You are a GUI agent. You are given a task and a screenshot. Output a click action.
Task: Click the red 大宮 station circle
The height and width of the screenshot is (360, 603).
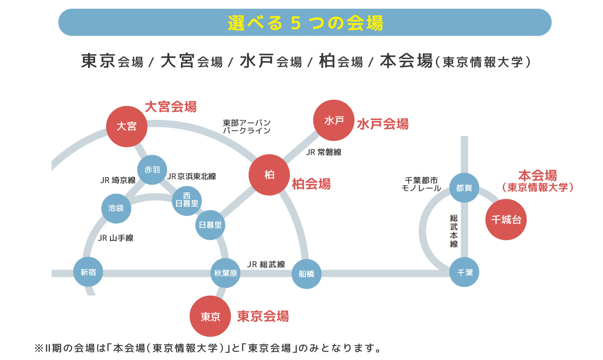click(x=127, y=127)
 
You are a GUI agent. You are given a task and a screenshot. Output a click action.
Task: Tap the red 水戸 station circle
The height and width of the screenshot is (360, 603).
click(x=334, y=120)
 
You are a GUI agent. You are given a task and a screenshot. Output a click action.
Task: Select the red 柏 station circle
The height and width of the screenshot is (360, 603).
click(x=269, y=175)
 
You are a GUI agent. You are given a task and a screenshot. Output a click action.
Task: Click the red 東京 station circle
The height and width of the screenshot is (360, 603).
click(x=210, y=316)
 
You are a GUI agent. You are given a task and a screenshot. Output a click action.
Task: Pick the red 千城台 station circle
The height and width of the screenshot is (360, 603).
click(x=506, y=219)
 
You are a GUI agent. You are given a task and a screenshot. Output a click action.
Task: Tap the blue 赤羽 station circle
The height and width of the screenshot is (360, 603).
click(x=152, y=170)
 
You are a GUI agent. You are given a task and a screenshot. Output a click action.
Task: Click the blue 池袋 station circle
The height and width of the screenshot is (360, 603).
click(x=116, y=208)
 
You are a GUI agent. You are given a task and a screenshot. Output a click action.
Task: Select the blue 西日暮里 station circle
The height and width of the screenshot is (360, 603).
click(x=187, y=200)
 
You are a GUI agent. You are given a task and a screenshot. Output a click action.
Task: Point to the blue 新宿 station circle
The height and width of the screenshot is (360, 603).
click(x=88, y=272)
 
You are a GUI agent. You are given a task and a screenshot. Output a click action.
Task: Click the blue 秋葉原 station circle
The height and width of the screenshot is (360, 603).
click(x=226, y=273)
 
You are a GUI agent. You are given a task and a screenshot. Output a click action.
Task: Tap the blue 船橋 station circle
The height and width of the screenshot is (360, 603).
click(x=306, y=274)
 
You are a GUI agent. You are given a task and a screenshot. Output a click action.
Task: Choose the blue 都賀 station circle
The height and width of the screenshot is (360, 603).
click(x=464, y=188)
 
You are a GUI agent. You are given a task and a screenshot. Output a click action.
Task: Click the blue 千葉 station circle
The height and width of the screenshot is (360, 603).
click(x=464, y=272)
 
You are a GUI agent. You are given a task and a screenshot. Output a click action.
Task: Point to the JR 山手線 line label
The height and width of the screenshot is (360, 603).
click(x=116, y=238)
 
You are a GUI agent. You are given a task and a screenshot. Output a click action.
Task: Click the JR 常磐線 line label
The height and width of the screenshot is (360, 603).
click(x=324, y=152)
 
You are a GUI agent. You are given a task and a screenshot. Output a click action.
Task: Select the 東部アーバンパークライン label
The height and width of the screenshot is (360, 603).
click(x=246, y=127)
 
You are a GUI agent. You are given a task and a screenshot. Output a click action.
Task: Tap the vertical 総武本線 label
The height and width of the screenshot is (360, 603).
click(x=454, y=231)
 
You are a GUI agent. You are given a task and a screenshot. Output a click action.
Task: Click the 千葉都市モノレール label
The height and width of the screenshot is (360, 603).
click(x=421, y=184)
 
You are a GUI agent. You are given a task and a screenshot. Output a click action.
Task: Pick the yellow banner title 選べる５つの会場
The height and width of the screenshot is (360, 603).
click(x=305, y=23)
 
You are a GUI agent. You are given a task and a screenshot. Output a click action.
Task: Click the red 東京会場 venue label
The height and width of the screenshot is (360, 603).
click(x=263, y=317)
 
